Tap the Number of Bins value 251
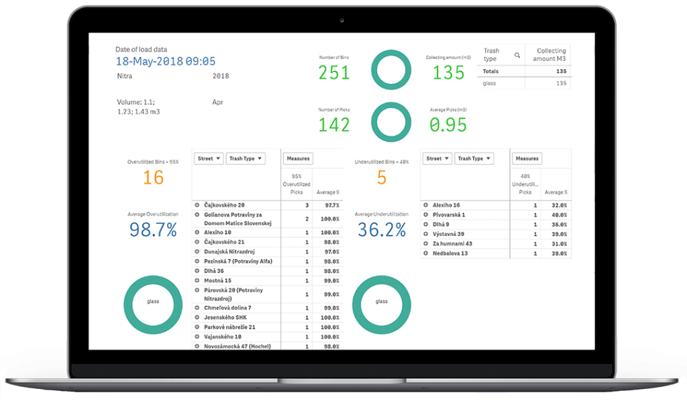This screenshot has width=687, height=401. [x=333, y=72]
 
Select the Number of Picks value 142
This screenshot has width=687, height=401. [x=333, y=124]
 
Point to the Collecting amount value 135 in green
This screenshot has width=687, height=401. [x=449, y=72]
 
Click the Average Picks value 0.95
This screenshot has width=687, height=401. [x=449, y=124]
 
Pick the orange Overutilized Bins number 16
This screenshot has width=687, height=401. [x=154, y=178]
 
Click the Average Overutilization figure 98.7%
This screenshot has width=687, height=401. [x=154, y=230]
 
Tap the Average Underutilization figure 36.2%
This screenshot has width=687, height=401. [x=382, y=230]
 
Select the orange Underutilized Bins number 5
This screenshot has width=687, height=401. [x=382, y=178]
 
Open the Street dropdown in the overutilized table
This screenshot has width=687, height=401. [x=208, y=159]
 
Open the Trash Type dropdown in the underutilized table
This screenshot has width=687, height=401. [x=474, y=159]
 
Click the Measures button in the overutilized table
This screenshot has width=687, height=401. [x=298, y=159]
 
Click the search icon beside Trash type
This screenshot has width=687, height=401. [x=517, y=55]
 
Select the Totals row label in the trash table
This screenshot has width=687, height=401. [x=491, y=71]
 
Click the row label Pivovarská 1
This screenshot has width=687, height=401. [x=449, y=215]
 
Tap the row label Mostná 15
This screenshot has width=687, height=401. [x=218, y=280]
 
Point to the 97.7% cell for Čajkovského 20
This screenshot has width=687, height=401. [x=330, y=205]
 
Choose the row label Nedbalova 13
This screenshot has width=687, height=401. [x=451, y=253]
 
